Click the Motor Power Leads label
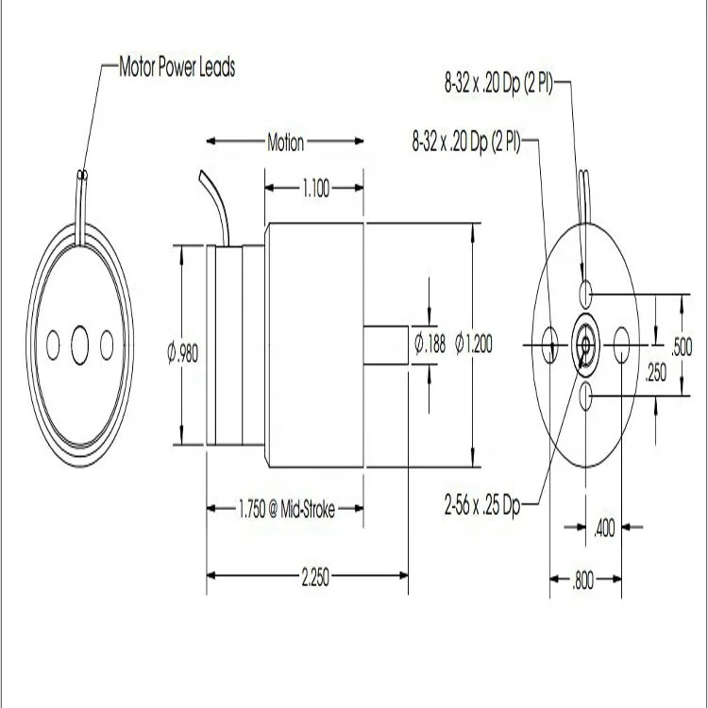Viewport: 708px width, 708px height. pyautogui.click(x=177, y=67)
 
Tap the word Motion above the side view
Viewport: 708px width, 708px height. pyautogui.click(x=285, y=143)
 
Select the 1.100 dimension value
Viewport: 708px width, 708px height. pyautogui.click(x=316, y=188)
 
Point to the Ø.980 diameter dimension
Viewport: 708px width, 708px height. pyautogui.click(x=183, y=353)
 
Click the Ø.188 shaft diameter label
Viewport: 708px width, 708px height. pyautogui.click(x=430, y=344)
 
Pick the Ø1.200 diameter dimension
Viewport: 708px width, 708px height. pyautogui.click(x=474, y=344)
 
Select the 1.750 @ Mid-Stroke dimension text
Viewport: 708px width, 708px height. pyautogui.click(x=287, y=510)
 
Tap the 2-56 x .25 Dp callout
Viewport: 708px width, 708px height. pyautogui.click(x=482, y=505)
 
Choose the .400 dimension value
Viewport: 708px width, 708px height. pyautogui.click(x=604, y=528)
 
